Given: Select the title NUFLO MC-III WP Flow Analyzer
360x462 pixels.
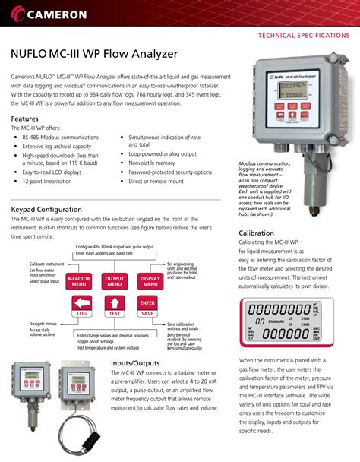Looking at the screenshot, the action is tap(93, 55).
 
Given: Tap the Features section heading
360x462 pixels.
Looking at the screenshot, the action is tap(27, 120).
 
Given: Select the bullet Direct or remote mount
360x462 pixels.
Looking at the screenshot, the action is tap(156, 182).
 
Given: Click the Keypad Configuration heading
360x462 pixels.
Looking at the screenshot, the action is tap(46, 210).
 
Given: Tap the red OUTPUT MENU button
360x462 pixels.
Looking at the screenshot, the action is tap(115, 281).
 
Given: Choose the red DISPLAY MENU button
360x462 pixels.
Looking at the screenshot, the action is tap(147, 281).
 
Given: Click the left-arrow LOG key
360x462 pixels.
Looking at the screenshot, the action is tap(82, 308).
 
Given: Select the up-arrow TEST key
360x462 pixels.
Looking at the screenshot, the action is tap(115, 308).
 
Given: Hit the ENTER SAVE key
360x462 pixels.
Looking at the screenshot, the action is tap(147, 308).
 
